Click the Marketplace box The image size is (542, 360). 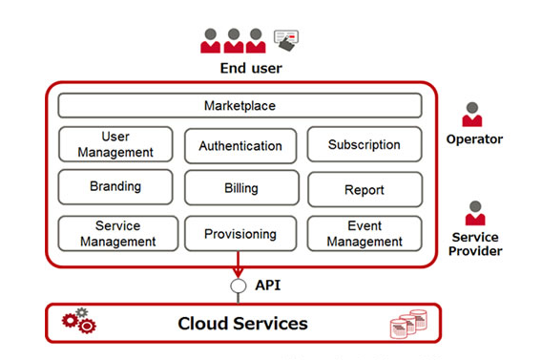tap(240, 105)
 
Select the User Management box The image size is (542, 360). tap(115, 144)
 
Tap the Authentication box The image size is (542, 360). tap(240, 146)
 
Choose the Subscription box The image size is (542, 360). tap(365, 144)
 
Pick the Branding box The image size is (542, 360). tap(115, 187)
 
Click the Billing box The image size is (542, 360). tap(241, 188)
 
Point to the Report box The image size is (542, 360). tap(365, 189)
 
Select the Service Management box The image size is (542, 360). tap(118, 233)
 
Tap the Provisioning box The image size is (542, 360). tap(240, 234)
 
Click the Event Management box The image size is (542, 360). tap(365, 233)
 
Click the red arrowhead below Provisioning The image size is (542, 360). tap(239, 272)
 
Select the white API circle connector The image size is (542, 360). tap(239, 286)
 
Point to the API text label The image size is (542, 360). tap(268, 286)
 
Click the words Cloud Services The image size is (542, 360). tap(242, 324)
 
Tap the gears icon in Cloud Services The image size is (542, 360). tap(79, 320)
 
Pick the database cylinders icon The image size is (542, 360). tap(408, 324)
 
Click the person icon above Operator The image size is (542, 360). tap(472, 115)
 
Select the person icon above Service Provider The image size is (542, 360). tap(475, 213)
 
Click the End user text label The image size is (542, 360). tap(251, 68)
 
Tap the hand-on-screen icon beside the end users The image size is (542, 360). tap(286, 40)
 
